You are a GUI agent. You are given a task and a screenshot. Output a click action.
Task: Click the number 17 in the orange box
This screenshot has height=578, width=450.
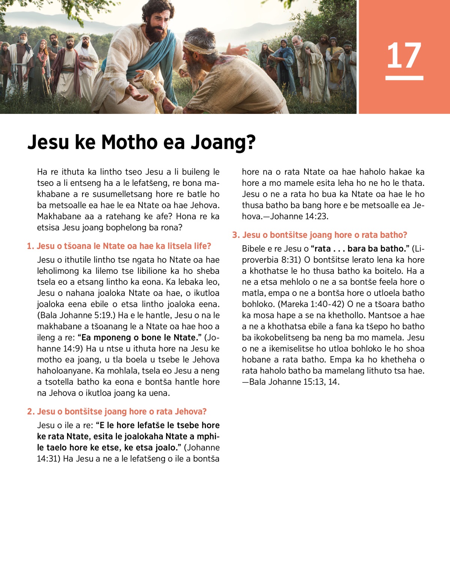[x=404, y=55]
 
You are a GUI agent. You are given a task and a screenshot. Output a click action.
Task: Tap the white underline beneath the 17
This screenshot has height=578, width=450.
[x=404, y=78]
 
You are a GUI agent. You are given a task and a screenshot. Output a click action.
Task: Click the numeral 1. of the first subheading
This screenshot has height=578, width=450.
[x=30, y=246]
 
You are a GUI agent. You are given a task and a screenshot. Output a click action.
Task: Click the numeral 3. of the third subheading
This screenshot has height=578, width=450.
[x=235, y=235]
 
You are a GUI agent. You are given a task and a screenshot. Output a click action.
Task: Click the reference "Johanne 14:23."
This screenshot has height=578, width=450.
[x=299, y=217]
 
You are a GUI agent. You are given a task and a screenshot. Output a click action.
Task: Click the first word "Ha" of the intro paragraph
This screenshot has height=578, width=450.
[x=42, y=172]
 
